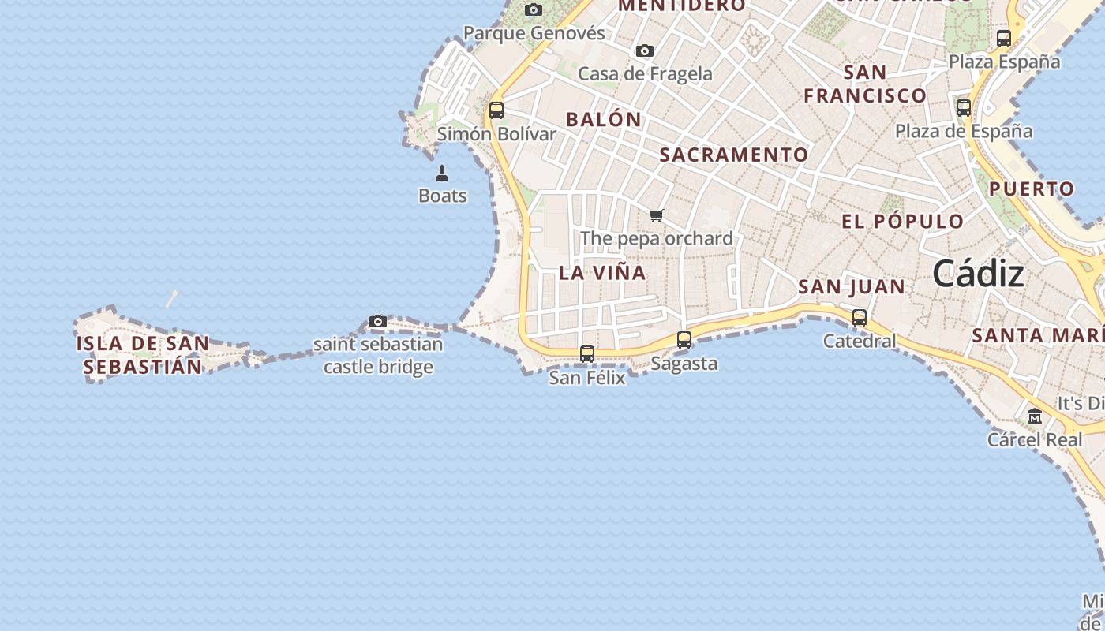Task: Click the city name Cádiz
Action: [x=978, y=274]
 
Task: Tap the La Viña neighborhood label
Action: [x=602, y=273]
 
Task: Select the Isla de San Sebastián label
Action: [x=143, y=355]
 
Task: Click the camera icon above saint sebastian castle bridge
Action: [x=378, y=321]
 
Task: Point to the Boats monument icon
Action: [x=442, y=174]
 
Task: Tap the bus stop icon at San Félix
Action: [x=587, y=354]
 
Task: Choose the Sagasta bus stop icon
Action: [x=684, y=340]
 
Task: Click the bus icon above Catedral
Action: [x=860, y=318]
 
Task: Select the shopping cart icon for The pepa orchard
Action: [x=656, y=215]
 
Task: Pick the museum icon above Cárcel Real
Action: [x=1035, y=416]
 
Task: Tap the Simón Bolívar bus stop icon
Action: [x=496, y=110]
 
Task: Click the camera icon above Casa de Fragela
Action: [x=645, y=51]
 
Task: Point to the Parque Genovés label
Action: [x=534, y=33]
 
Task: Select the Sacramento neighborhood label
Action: [x=734, y=155]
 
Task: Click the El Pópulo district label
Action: [x=903, y=221]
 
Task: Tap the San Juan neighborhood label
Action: [x=852, y=286]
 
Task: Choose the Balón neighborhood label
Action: [x=604, y=120]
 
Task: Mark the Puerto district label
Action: [x=1032, y=189]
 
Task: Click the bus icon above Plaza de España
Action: [x=964, y=108]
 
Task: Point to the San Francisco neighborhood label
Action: [x=865, y=84]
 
